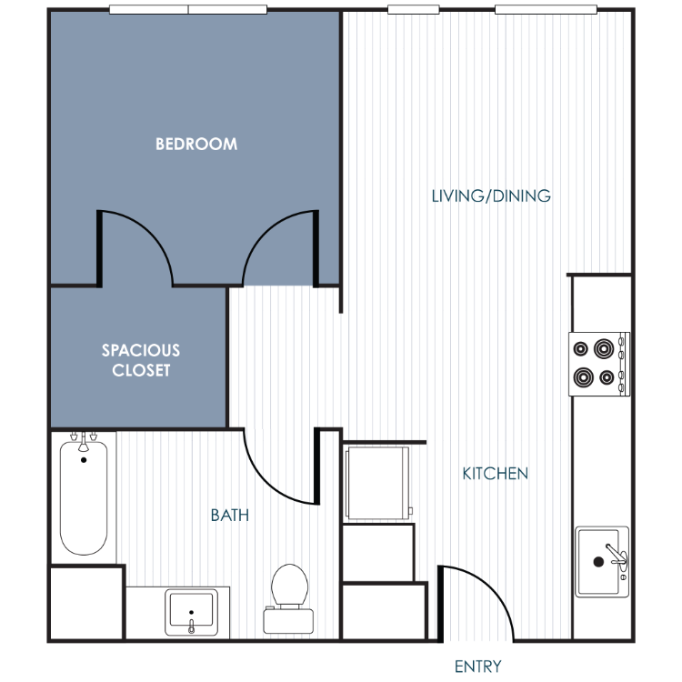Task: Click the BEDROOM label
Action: coord(196,144)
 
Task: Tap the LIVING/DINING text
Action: coord(491,196)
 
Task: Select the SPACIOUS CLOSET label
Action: coord(141,360)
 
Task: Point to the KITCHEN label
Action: coord(495,474)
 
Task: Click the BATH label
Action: coord(230,516)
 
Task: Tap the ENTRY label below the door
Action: coord(477,667)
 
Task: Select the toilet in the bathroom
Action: coord(289,598)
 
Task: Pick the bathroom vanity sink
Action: coord(191,612)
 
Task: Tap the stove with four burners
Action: coord(599,364)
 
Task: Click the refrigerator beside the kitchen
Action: coord(377,483)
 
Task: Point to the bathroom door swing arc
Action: coord(266,484)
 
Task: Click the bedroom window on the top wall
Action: coord(188,10)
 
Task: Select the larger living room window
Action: coord(546,10)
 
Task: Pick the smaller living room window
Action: coord(413,10)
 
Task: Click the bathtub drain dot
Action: coord(84,460)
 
